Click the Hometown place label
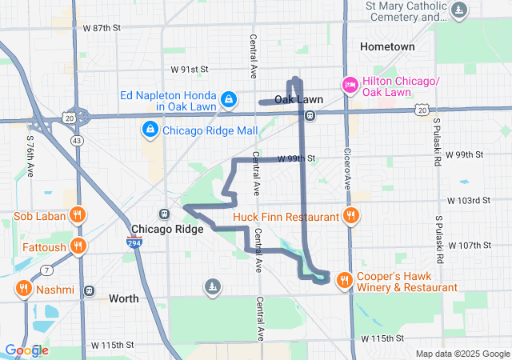pyautogui.click(x=387, y=46)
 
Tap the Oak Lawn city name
pyautogui.click(x=298, y=99)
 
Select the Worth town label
pyautogui.click(x=123, y=298)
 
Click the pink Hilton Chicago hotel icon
pyautogui.click(x=350, y=84)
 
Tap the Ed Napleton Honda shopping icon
pyautogui.click(x=229, y=99)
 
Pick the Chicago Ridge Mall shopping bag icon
pyautogui.click(x=149, y=129)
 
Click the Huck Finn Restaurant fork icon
pyautogui.click(x=350, y=215)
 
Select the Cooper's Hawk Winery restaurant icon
pyautogui.click(x=343, y=279)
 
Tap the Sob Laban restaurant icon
pyautogui.click(x=77, y=215)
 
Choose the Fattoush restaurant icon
pyautogui.click(x=78, y=246)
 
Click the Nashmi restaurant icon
pyautogui.click(x=23, y=289)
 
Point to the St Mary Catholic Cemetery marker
pyautogui.click(x=459, y=10)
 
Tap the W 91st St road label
pyautogui.click(x=189, y=70)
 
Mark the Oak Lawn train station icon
pyautogui.click(x=310, y=115)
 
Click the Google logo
pyautogui.click(x=26, y=350)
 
